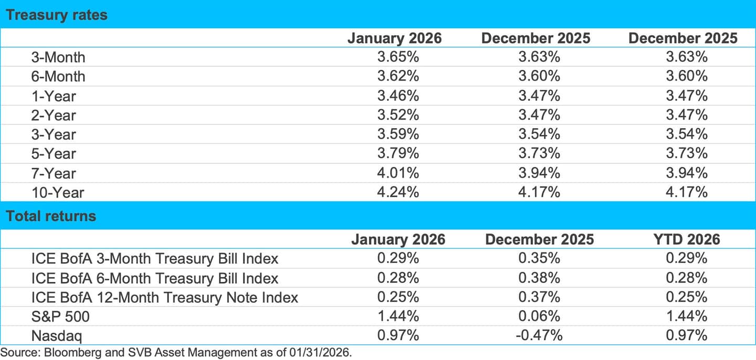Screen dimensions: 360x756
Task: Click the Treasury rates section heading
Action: click(56, 15)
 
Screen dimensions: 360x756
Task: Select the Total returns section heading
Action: click(51, 216)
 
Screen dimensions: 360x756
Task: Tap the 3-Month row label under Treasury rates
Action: click(58, 57)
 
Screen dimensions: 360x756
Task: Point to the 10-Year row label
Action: click(58, 193)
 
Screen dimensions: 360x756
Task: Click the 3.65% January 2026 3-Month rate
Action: click(398, 57)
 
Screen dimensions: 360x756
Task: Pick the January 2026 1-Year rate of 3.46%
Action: click(398, 96)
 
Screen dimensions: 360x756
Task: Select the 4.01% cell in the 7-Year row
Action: click(398, 173)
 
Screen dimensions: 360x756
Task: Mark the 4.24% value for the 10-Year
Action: click(398, 193)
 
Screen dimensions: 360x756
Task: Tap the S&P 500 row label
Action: click(57, 316)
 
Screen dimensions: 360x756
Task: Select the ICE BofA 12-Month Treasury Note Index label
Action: click(165, 297)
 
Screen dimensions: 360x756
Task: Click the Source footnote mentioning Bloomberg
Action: click(176, 352)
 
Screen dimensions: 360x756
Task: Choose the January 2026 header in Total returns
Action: click(398, 239)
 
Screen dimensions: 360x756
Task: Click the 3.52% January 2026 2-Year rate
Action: click(398, 115)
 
